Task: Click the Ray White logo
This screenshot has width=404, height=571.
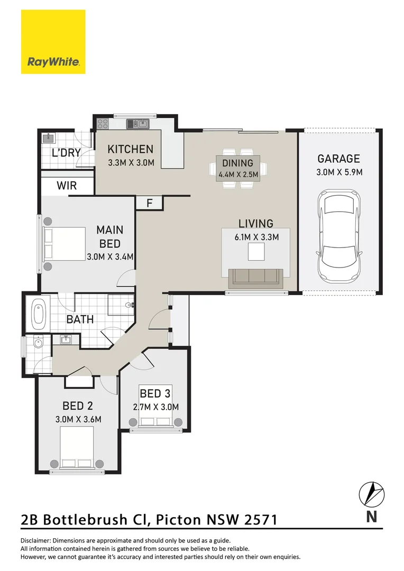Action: tap(53, 42)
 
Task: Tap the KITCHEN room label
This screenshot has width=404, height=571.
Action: tap(130, 149)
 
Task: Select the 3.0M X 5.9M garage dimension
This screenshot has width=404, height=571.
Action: tap(338, 172)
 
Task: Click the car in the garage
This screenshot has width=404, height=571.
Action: tap(338, 238)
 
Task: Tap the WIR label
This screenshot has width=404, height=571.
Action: tap(66, 186)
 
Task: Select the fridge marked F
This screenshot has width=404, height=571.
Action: tap(149, 202)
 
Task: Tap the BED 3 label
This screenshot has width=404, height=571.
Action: tap(155, 393)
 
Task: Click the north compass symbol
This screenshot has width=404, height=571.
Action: tap(371, 494)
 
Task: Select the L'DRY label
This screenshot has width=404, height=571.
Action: tap(66, 153)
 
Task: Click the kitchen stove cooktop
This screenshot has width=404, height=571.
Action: tap(102, 124)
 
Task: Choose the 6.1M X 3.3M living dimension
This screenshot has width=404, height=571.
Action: tap(256, 237)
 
